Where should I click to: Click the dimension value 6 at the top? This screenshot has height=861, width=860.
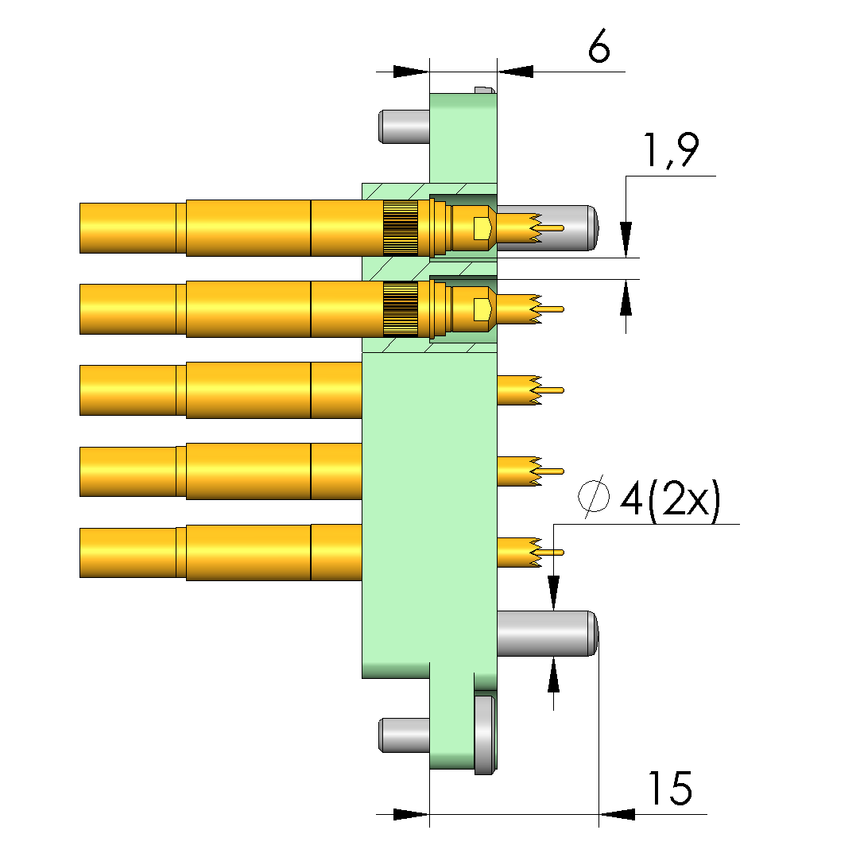(599, 45)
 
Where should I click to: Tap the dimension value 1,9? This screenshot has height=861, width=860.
(672, 149)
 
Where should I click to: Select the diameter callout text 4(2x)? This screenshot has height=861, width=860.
(669, 500)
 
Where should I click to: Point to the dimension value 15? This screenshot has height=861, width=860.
(670, 788)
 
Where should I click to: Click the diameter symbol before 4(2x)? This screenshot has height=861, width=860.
(593, 496)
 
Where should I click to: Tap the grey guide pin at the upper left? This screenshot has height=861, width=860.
(404, 127)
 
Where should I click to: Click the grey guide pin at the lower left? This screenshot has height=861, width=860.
(404, 735)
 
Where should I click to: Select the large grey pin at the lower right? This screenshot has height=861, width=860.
(548, 633)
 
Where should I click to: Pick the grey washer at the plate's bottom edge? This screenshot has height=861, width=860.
(485, 734)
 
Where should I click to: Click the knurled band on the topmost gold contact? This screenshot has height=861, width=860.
(401, 228)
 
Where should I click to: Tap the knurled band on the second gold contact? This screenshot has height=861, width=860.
(401, 308)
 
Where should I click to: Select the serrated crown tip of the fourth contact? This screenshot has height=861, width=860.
(535, 471)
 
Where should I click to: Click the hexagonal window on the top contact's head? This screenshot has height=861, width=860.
(482, 228)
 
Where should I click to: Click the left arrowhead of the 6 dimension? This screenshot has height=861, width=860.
(411, 72)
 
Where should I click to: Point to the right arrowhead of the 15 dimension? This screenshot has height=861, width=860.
(617, 814)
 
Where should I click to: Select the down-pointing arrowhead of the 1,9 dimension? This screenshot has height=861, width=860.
(626, 239)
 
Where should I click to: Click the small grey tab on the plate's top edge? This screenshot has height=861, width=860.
(485, 90)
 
